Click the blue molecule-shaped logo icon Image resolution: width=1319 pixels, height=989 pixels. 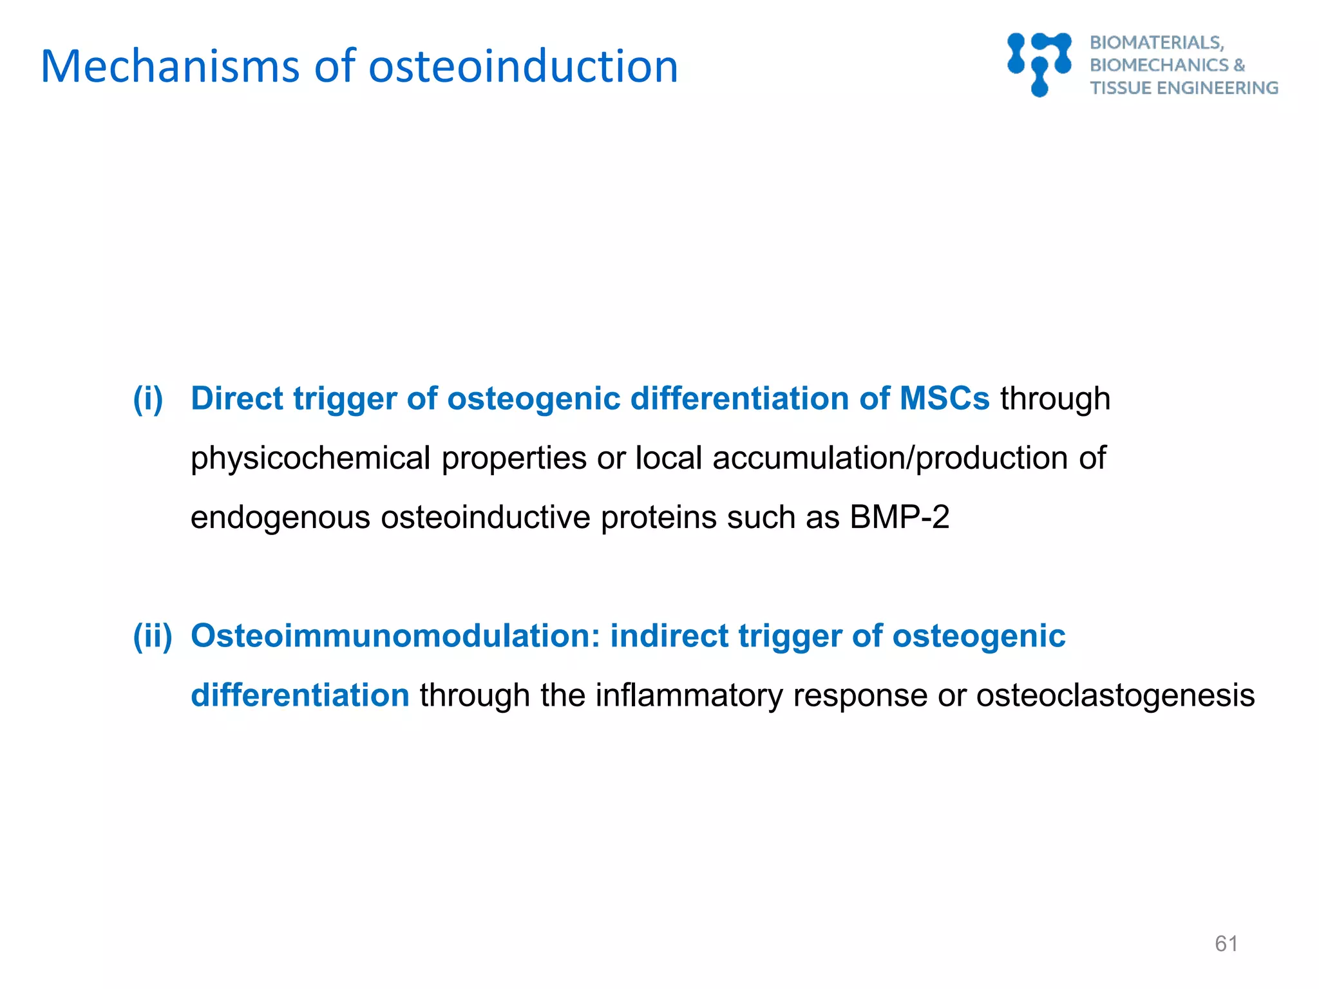coord(1039,64)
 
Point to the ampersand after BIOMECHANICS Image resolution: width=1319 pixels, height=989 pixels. coord(1239,65)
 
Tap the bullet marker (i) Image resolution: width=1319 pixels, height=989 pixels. coord(147,399)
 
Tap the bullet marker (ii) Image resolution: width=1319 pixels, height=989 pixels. coord(153,636)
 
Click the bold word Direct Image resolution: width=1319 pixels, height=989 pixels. coord(236,399)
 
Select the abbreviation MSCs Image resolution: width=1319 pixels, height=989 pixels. coord(944,399)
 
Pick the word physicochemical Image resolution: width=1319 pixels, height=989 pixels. coord(310,458)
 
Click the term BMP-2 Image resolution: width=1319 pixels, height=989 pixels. coord(899,518)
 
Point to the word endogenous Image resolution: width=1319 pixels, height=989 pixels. coord(280,518)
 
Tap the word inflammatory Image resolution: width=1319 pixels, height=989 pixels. coord(688,695)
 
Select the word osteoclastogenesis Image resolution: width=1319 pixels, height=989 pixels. coord(1115,695)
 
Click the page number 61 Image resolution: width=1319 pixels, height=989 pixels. coord(1226,944)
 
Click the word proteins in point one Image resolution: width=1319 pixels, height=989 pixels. coord(658,518)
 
